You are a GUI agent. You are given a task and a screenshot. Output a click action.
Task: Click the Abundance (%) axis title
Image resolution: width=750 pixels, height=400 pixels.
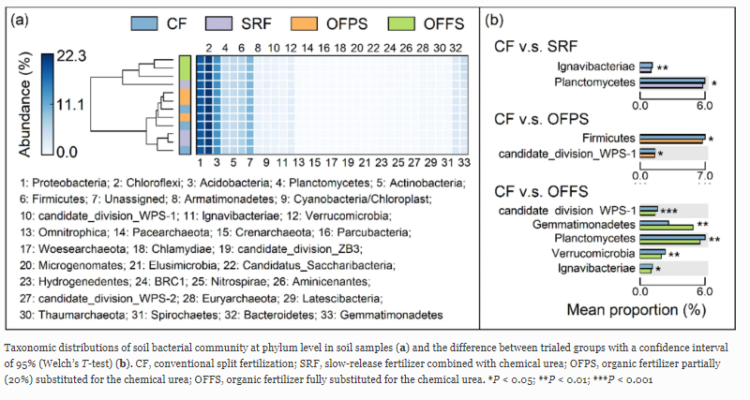point(26,104)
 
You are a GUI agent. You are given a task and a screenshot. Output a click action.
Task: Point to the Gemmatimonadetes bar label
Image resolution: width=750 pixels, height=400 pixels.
point(582,225)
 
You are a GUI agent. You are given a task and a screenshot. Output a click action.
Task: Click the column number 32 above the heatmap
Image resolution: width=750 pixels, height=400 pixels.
point(455,46)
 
